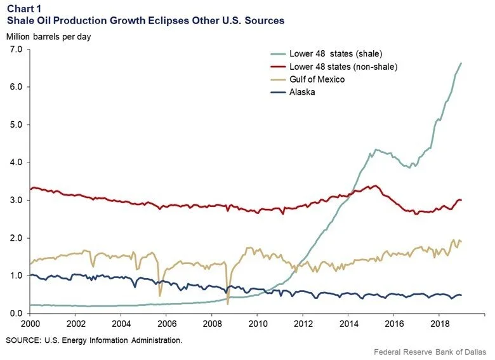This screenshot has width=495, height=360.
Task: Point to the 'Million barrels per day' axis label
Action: click(x=49, y=36)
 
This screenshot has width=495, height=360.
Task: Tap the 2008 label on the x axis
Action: click(x=211, y=324)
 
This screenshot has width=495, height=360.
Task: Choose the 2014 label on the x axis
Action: click(x=347, y=324)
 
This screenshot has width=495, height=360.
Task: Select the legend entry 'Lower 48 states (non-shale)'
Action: click(x=343, y=67)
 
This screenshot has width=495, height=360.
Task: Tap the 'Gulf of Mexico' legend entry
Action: click(x=316, y=79)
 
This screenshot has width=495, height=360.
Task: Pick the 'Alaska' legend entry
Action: click(x=301, y=91)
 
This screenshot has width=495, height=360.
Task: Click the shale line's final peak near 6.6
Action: click(x=461, y=63)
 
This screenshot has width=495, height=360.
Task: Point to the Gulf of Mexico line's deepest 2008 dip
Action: click(x=228, y=303)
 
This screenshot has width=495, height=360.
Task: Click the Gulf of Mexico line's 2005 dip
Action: click(x=160, y=295)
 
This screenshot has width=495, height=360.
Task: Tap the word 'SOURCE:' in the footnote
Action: click(x=23, y=341)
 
